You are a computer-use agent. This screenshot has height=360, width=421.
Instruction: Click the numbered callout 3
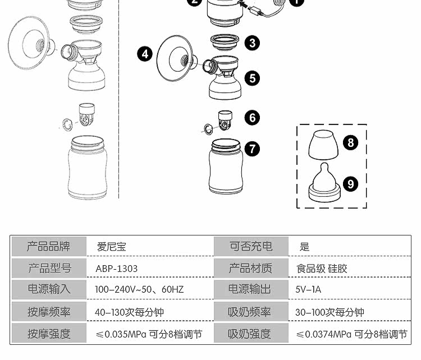(252, 43)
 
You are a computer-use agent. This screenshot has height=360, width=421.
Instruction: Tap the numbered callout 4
(145, 54)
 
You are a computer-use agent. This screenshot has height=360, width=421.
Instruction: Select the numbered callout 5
(252, 79)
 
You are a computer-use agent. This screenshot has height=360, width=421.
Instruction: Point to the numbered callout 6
(252, 118)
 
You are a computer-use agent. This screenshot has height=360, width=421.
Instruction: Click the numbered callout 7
(252, 149)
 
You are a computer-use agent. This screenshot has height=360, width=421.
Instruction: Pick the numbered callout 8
(351, 142)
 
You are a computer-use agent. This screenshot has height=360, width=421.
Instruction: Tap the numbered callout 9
(351, 184)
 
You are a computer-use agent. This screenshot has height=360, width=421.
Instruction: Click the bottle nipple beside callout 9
(324, 183)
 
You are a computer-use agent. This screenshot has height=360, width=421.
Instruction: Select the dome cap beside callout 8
(323, 145)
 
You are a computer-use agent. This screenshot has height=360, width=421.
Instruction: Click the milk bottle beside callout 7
(226, 166)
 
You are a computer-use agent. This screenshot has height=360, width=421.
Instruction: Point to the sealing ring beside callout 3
(225, 42)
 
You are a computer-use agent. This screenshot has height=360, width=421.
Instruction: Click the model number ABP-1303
(117, 269)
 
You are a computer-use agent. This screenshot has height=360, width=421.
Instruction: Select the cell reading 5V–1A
(308, 289)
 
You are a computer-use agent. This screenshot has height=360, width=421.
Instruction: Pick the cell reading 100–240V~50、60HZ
(139, 289)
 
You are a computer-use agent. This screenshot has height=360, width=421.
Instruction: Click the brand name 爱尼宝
(112, 247)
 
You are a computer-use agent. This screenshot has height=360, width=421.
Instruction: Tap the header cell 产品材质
(250, 268)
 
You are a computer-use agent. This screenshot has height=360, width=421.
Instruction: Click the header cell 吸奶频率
(250, 312)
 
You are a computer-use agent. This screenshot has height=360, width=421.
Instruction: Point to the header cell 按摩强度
(49, 334)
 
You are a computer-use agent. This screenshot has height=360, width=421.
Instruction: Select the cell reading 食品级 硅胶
(322, 269)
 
